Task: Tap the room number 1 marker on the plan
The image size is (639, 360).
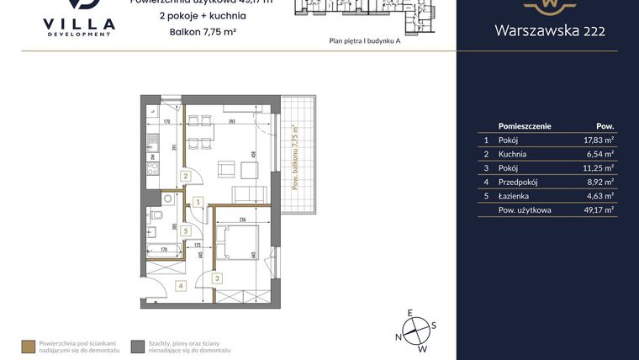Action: click(x=198, y=202)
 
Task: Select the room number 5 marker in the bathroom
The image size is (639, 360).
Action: click(x=186, y=230)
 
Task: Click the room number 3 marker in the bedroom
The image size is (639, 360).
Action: click(x=216, y=278)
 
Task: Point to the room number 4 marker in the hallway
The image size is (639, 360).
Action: click(x=180, y=285)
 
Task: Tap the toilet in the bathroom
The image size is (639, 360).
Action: click(x=169, y=199)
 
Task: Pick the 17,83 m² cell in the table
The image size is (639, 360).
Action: click(x=598, y=141)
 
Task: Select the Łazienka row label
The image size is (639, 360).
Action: click(x=514, y=195)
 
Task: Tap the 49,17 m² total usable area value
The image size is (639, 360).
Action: click(x=598, y=209)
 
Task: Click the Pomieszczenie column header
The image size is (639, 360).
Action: click(x=525, y=125)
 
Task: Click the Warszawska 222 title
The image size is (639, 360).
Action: click(x=547, y=31)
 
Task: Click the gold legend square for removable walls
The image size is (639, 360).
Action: click(x=28, y=346)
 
